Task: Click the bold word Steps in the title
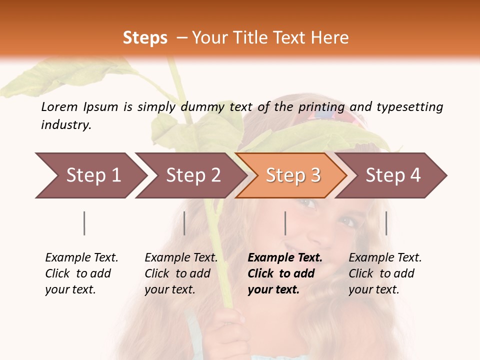click(145, 38)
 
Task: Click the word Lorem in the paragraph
click(59, 106)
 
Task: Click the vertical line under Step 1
click(84, 223)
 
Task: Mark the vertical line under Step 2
click(184, 223)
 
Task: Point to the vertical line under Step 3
click(285, 223)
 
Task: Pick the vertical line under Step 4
click(386, 223)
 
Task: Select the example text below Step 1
click(81, 273)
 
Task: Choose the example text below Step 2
click(180, 273)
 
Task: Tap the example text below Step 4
click(384, 273)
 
